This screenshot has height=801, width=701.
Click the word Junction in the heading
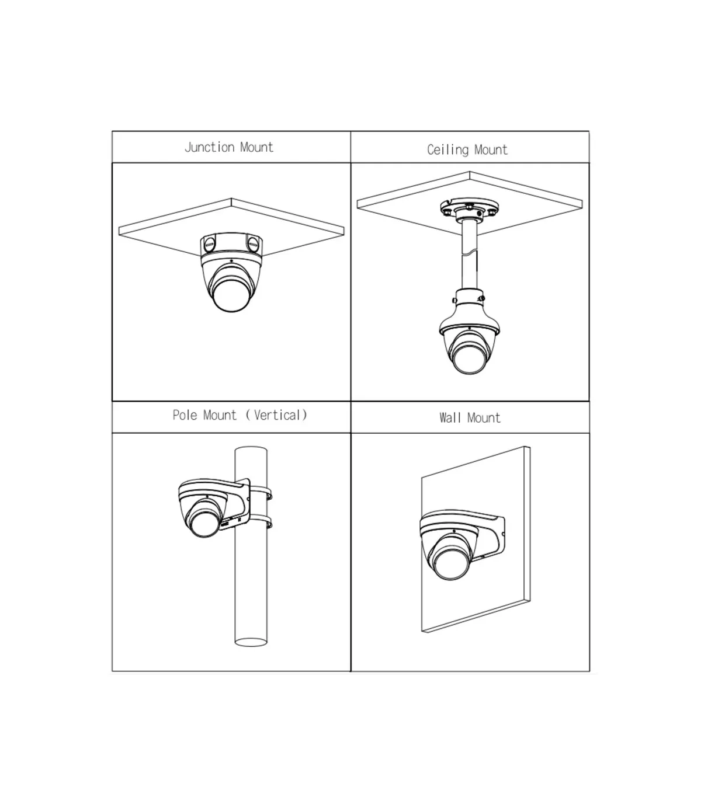[x=210, y=148]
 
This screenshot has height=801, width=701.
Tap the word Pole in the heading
[x=185, y=415]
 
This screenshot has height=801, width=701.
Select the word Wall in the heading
[x=450, y=418]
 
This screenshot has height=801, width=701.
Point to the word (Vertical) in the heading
[x=276, y=415]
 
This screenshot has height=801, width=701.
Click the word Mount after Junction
[x=256, y=148]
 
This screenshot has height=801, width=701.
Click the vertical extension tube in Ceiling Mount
[x=470, y=255]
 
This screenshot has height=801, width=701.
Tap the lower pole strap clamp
[x=261, y=521]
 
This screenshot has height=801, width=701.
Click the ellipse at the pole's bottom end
[x=251, y=642]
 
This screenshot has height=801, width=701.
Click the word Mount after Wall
[x=484, y=418]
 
